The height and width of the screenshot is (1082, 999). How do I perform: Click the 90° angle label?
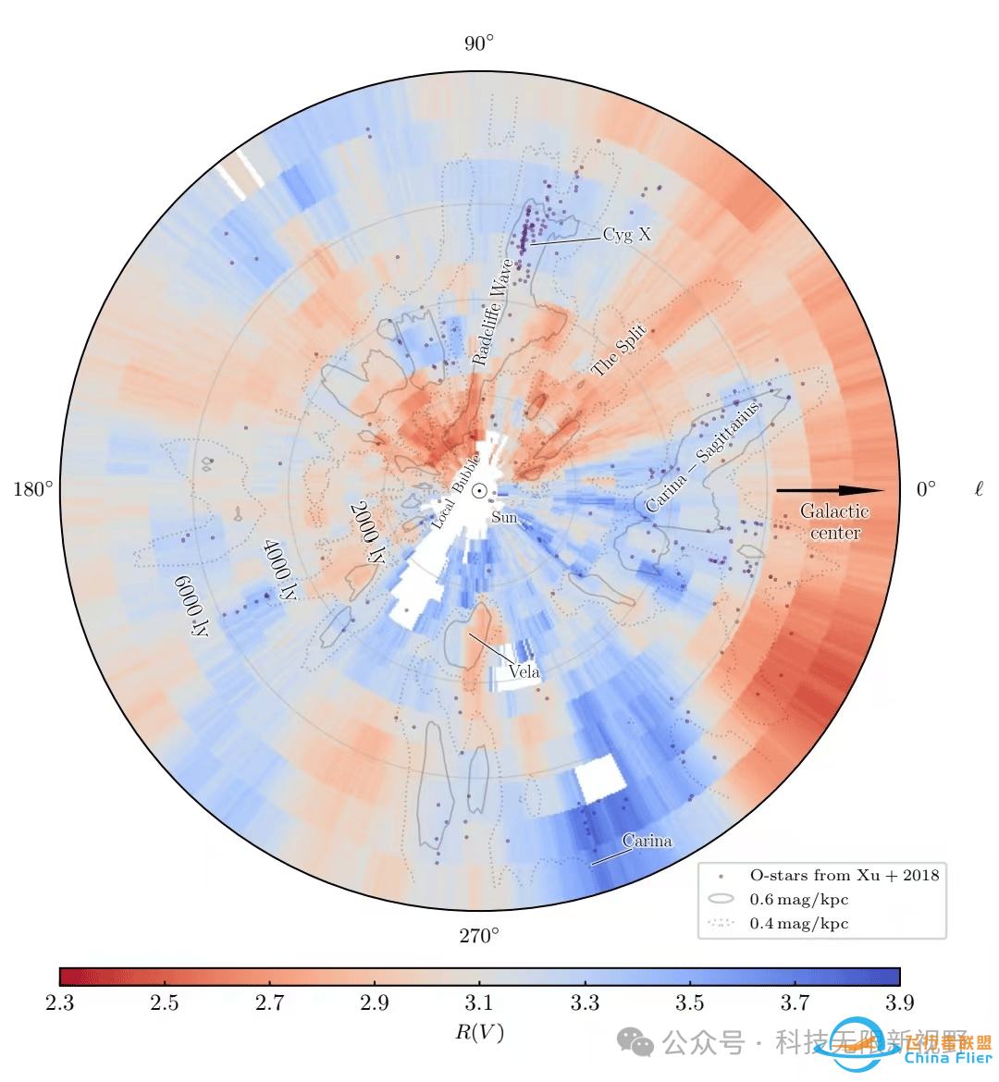pos(479,43)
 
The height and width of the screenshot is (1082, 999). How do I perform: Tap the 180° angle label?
pos(33,489)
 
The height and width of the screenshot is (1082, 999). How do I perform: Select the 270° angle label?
pos(479,936)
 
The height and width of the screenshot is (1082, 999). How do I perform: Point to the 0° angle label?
pos(925,489)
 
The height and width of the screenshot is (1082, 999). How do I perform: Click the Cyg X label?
pos(626,234)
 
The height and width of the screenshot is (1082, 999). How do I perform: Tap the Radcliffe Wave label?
pos(491,312)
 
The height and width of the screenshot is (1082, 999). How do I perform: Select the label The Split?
pos(619,351)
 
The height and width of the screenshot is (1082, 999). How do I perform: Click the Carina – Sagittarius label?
pos(703,456)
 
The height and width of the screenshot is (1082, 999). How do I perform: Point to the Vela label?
pos(524,672)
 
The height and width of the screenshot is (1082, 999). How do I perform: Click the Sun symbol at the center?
pos(480,490)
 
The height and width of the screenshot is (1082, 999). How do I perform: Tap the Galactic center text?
pos(834,522)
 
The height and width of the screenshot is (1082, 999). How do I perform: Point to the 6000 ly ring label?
pos(191,606)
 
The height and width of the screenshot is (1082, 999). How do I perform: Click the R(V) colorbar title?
pos(479,1032)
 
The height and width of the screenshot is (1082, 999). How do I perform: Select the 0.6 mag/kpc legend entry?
pos(798,899)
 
